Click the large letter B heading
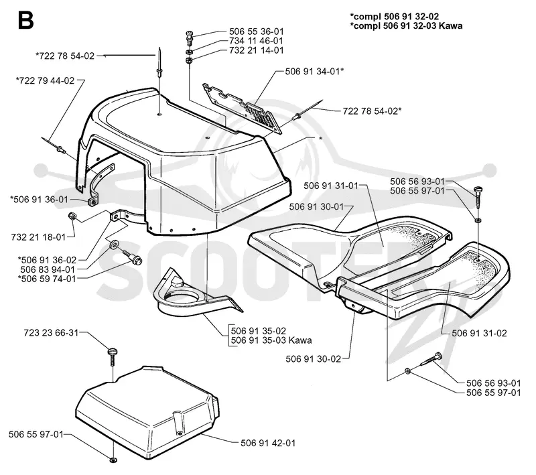click(x=25, y=20)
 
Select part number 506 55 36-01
click(x=257, y=31)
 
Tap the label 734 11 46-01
click(x=257, y=41)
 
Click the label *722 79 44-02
click(x=45, y=80)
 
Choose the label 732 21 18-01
click(x=38, y=237)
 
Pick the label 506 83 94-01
click(x=48, y=269)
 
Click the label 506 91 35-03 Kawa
click(x=271, y=340)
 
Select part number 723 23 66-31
click(x=52, y=332)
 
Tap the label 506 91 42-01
click(x=268, y=444)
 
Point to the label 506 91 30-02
click(x=314, y=359)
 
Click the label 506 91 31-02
click(x=479, y=333)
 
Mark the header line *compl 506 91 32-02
click(x=395, y=16)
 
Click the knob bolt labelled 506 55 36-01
click(x=190, y=37)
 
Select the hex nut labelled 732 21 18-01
click(x=72, y=216)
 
